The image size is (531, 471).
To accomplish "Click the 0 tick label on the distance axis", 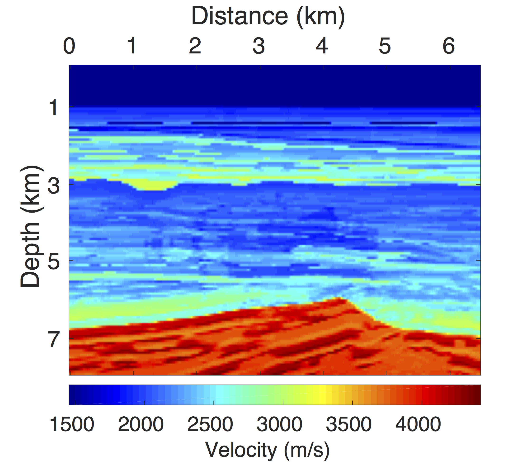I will tap(69, 46).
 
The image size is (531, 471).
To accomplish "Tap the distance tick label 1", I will tap(132, 46).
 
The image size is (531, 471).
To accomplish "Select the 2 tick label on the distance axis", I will tap(195, 46).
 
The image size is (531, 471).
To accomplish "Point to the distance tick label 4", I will tap(322, 46).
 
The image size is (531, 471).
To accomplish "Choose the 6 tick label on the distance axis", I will tap(449, 46).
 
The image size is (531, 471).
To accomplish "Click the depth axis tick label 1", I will tap(54, 107).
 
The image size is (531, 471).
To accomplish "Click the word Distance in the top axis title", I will tap(240, 16).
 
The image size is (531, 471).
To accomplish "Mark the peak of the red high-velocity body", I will tap(339, 298).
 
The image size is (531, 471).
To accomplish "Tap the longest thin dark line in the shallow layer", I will tap(261, 123).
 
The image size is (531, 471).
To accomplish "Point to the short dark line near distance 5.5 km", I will tap(403, 123).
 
